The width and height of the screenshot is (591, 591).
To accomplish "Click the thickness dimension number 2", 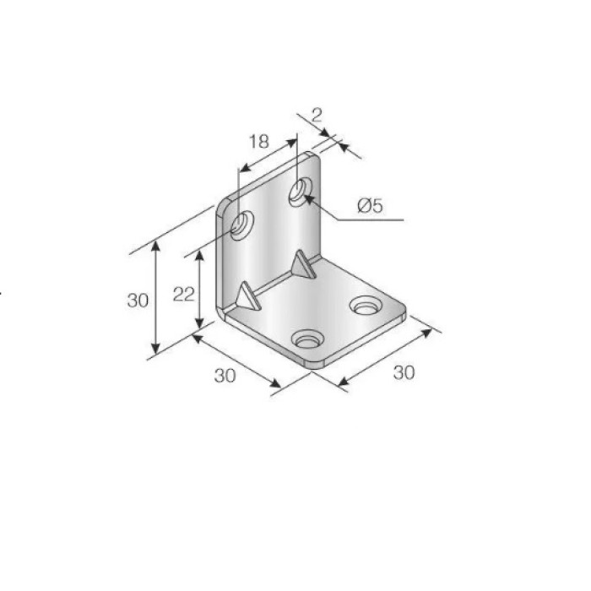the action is pyautogui.click(x=317, y=115).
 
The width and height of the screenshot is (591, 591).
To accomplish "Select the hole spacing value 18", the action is pyautogui.click(x=259, y=142).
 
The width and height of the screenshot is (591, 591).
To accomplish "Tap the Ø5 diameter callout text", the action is pyautogui.click(x=371, y=206).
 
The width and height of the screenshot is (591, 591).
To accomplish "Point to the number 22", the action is pyautogui.click(x=183, y=295).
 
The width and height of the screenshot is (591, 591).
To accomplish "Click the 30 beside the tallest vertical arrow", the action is pyautogui.click(x=138, y=301).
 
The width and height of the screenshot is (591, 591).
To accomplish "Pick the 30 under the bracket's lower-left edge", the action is pyautogui.click(x=225, y=376).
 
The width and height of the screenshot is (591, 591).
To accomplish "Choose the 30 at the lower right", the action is pyautogui.click(x=404, y=372).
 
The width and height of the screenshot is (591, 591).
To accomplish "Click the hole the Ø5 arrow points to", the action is pyautogui.click(x=301, y=192).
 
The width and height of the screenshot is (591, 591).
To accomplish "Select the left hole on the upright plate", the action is pyautogui.click(x=241, y=225).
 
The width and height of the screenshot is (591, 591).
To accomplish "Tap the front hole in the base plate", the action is pyautogui.click(x=307, y=339).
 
